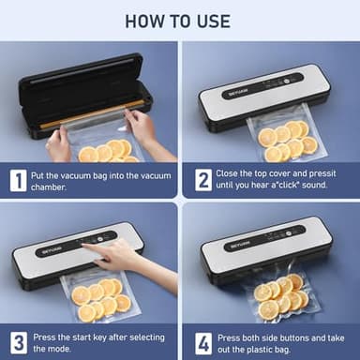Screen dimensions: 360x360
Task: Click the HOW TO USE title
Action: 179,21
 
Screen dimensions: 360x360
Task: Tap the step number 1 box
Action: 19,180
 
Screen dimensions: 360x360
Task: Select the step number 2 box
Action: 202,180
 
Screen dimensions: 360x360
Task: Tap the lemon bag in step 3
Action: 97,299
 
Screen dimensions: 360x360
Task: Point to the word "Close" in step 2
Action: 234,173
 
